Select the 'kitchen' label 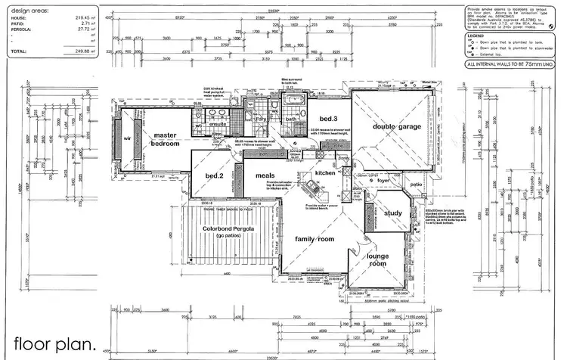coord(325,173)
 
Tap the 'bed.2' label coord(214,176)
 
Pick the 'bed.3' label coord(327,119)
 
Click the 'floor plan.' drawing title coord(54,343)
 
